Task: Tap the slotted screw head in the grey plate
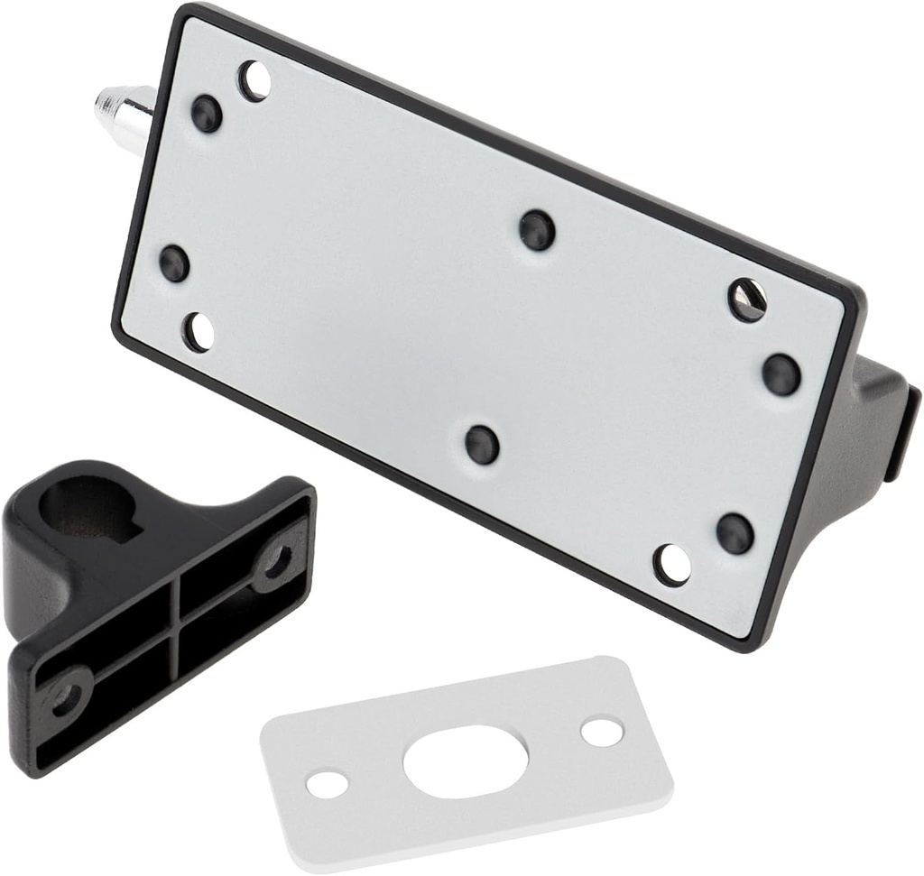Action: (747, 300)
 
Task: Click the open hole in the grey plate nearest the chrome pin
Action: (254, 81)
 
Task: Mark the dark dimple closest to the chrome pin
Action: (207, 114)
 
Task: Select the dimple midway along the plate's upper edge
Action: (537, 230)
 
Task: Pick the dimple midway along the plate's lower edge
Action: (482, 444)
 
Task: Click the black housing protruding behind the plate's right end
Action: (880, 424)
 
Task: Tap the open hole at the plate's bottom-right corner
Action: (672, 565)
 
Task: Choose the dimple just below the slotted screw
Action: (781, 373)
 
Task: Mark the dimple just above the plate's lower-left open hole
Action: (174, 263)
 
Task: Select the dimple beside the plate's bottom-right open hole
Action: (735, 533)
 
